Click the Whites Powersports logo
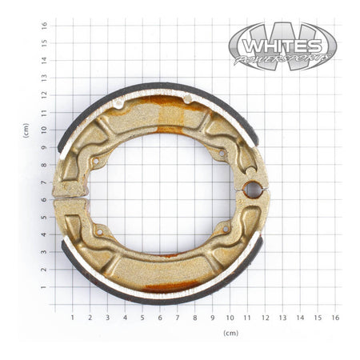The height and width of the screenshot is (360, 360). click(282, 46)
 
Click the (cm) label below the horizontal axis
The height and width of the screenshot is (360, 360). click(230, 331)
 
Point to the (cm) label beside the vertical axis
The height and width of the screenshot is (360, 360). click(26, 130)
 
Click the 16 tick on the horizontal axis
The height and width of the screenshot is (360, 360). click(335, 318)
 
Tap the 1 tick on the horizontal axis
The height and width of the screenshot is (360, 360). click(72, 318)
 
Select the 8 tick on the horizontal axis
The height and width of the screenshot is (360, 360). click(195, 318)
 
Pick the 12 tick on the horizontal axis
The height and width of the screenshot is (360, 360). click(265, 318)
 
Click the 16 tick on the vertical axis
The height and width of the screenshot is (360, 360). click(45, 24)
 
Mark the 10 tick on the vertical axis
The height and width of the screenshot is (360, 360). click(45, 130)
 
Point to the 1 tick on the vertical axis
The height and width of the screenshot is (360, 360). click(45, 287)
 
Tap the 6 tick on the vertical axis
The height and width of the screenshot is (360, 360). click(45, 199)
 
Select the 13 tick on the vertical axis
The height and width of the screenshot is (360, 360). click(45, 77)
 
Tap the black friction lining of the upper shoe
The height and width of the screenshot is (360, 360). click(160, 86)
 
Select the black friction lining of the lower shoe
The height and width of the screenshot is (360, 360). click(160, 298)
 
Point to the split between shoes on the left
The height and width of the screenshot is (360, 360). click(70, 195)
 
